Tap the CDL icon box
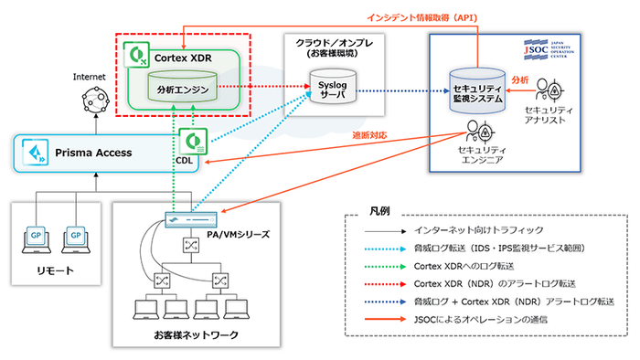[194, 144]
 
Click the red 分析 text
[518, 79]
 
